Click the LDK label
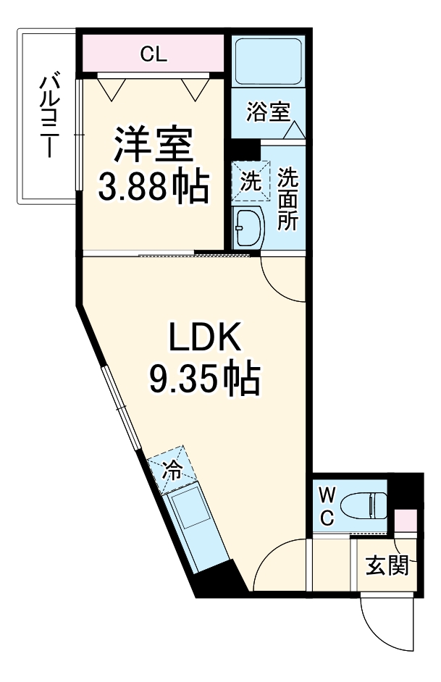(203, 338)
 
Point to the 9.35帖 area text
(203, 378)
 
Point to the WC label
(327, 506)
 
